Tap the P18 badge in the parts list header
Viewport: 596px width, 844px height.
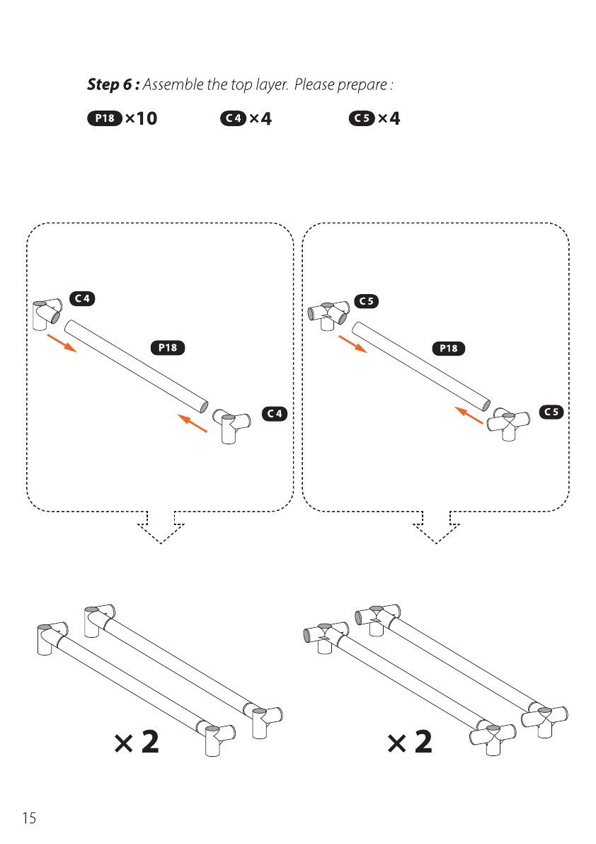click(x=105, y=118)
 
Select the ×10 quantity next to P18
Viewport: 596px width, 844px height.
click(x=142, y=118)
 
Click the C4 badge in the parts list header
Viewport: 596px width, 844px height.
click(x=234, y=118)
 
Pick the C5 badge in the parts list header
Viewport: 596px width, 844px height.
click(x=362, y=118)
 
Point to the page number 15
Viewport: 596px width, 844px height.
click(x=29, y=818)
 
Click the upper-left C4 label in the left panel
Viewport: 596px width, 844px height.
click(x=82, y=298)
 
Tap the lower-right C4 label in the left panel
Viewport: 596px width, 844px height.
click(x=275, y=413)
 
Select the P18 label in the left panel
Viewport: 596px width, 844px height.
click(x=168, y=348)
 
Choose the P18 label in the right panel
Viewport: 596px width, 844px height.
click(x=449, y=348)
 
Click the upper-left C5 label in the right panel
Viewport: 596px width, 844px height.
click(x=367, y=301)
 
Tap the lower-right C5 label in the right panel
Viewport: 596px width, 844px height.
click(x=552, y=412)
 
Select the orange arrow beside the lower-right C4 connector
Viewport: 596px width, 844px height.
click(x=193, y=423)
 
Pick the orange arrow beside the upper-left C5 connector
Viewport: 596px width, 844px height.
click(x=353, y=344)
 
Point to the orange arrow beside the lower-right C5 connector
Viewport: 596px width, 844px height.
click(x=469, y=415)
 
